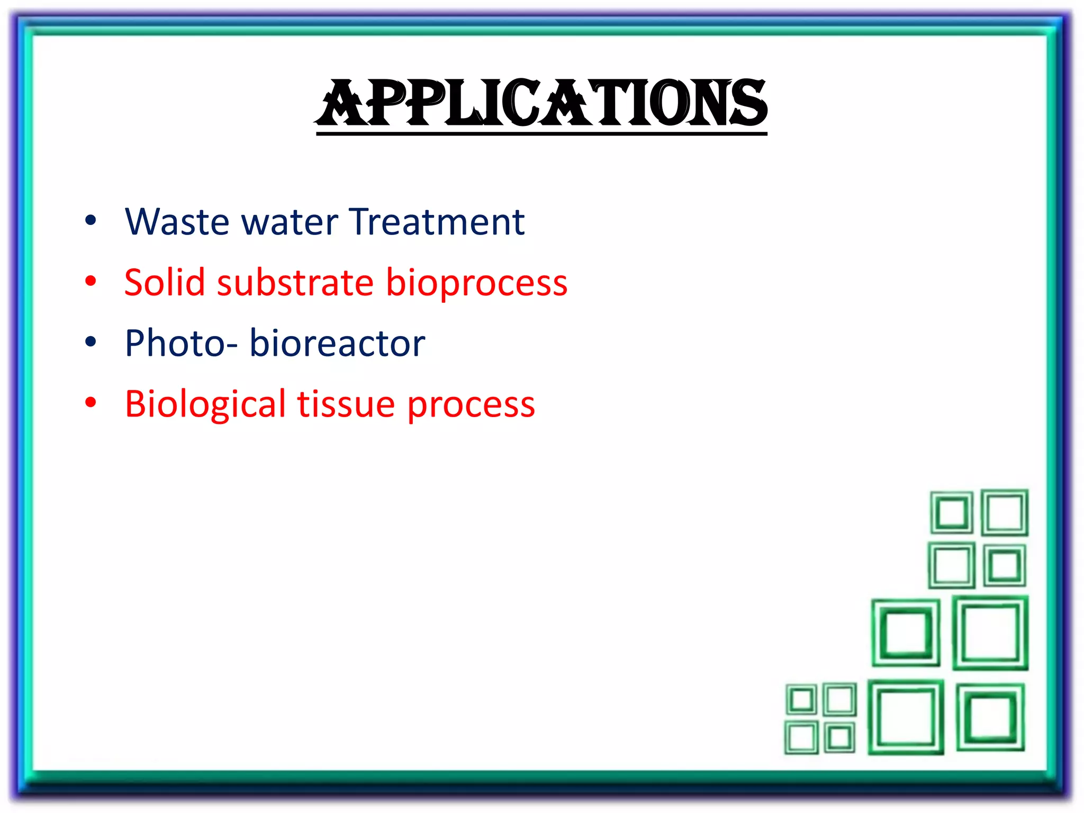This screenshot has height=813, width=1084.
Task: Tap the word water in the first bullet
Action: coord(290,222)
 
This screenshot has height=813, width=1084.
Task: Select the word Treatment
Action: coord(437,222)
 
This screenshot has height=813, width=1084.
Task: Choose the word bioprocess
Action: coord(476,283)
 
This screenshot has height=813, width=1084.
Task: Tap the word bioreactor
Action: coord(337,344)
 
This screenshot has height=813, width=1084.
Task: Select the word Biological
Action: coord(205,405)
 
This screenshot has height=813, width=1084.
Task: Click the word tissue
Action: coord(346,404)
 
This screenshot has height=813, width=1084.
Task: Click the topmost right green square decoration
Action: coord(1004,512)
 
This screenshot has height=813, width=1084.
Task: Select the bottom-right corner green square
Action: coord(990,717)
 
